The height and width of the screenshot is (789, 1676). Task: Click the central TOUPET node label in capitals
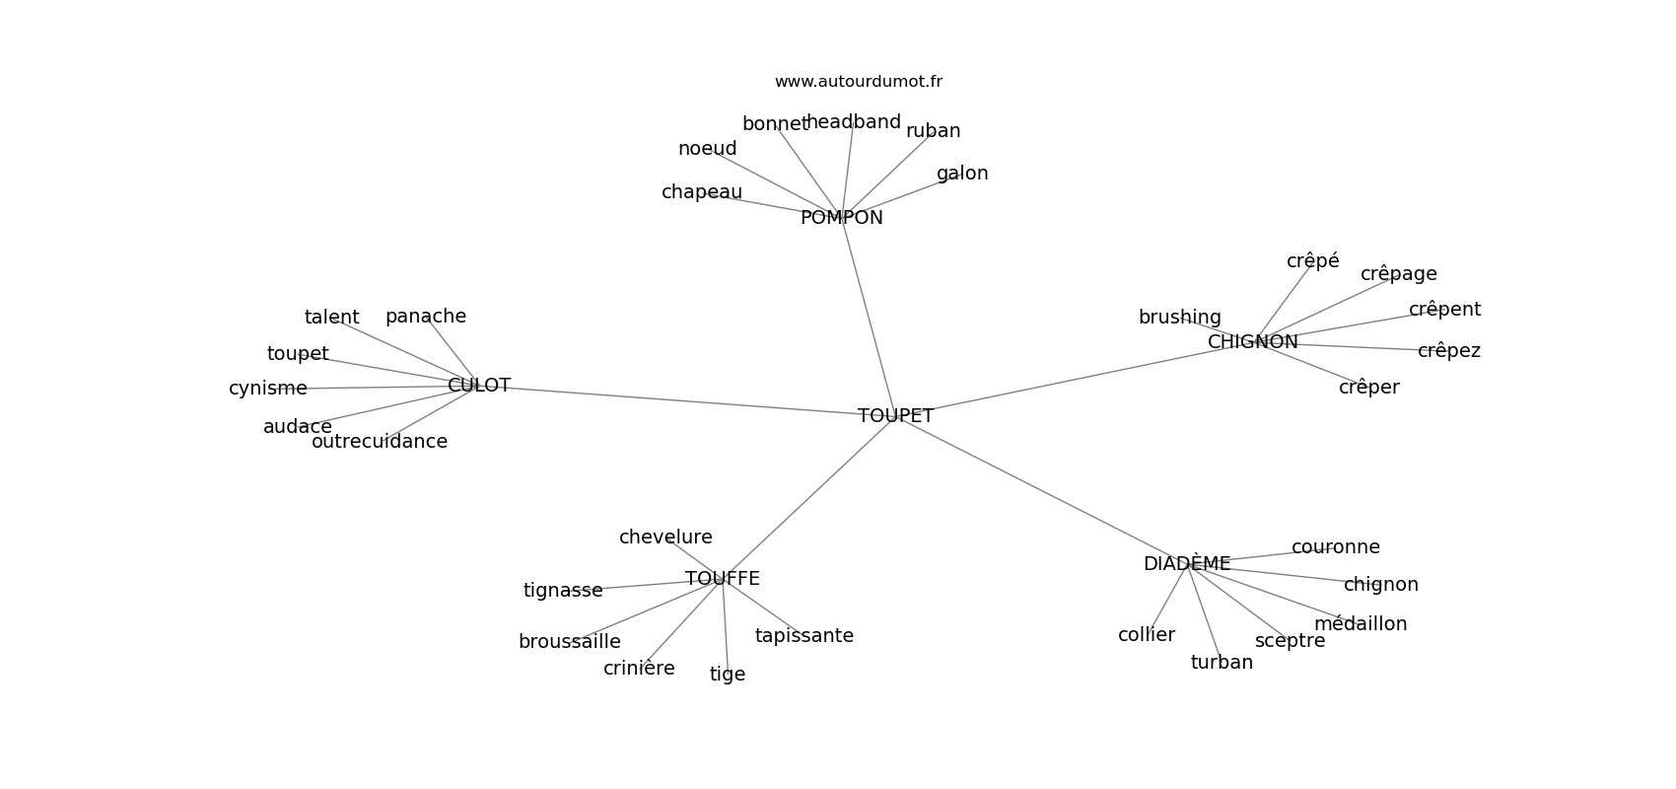[x=895, y=416]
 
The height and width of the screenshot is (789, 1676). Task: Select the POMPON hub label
[x=841, y=218]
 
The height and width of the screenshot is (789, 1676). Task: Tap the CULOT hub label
[x=479, y=386]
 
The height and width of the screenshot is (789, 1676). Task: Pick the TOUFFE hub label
[x=723, y=579]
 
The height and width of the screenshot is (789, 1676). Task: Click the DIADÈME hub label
[x=1187, y=564]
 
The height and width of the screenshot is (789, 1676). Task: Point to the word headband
[x=854, y=122]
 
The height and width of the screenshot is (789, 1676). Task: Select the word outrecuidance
[x=380, y=442]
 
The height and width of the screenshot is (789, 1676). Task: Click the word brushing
[x=1179, y=318]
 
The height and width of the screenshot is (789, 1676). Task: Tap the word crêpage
[x=1398, y=274]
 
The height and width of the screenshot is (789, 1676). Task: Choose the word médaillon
[x=1361, y=624]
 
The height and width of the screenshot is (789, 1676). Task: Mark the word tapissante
[x=804, y=636]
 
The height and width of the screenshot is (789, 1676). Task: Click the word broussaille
[x=569, y=642]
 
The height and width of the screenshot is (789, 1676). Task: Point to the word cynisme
[x=268, y=389]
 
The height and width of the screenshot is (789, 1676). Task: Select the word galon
[x=962, y=174]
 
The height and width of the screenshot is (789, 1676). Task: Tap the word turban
[x=1222, y=663]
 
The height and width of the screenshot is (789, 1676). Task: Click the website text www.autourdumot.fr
[x=858, y=82]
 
